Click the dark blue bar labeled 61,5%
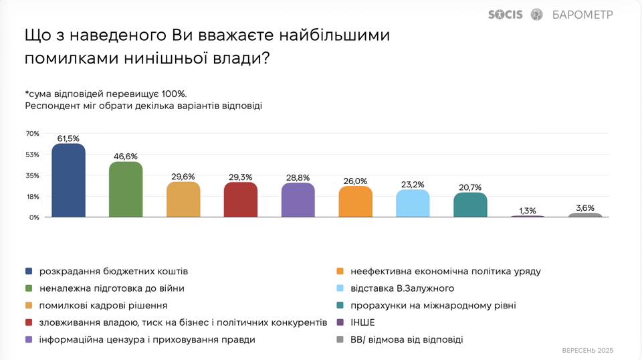pos(68,181)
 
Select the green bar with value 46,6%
pos(126,190)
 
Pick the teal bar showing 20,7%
pos(470,205)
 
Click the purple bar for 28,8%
pos(298,200)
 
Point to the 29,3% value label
pos(241,177)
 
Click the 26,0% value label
pos(355,181)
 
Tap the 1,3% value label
pos(528,211)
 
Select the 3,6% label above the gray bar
pos(585,207)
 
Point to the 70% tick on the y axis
pos(33,134)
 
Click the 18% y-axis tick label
pos(33,197)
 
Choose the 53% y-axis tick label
pos(33,155)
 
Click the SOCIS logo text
pos(506,14)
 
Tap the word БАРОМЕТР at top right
pos(582,15)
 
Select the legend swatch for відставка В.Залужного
pos(340,288)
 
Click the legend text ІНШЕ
pos(362,323)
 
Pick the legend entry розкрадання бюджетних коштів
pos(114,272)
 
